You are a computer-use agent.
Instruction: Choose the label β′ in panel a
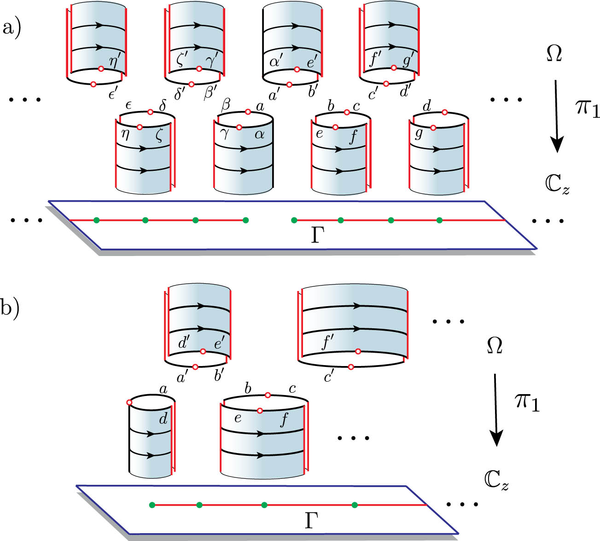click(211, 94)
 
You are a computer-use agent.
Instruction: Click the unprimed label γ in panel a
click(224, 134)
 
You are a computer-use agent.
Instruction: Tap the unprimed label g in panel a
click(419, 134)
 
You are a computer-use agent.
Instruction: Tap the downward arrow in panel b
click(495, 410)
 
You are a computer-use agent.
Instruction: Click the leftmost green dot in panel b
click(152, 505)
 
